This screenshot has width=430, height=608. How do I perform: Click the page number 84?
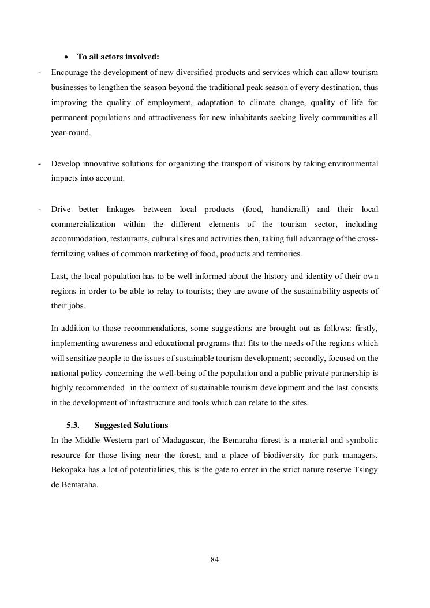pyautogui.click(x=215, y=559)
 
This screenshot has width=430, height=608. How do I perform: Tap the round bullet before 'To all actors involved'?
pyautogui.click(x=67, y=57)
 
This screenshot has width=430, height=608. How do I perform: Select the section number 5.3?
pyautogui.click(x=73, y=426)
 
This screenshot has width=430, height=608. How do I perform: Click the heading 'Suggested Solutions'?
pyautogui.click(x=131, y=426)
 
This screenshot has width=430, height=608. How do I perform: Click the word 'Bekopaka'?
pyautogui.click(x=68, y=471)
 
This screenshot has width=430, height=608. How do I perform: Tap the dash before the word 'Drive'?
pyautogui.click(x=39, y=209)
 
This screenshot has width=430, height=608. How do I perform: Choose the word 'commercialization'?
pyautogui.click(x=83, y=224)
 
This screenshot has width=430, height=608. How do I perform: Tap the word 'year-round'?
pyautogui.click(x=70, y=133)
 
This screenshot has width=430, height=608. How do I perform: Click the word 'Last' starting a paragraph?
pyautogui.click(x=58, y=277)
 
